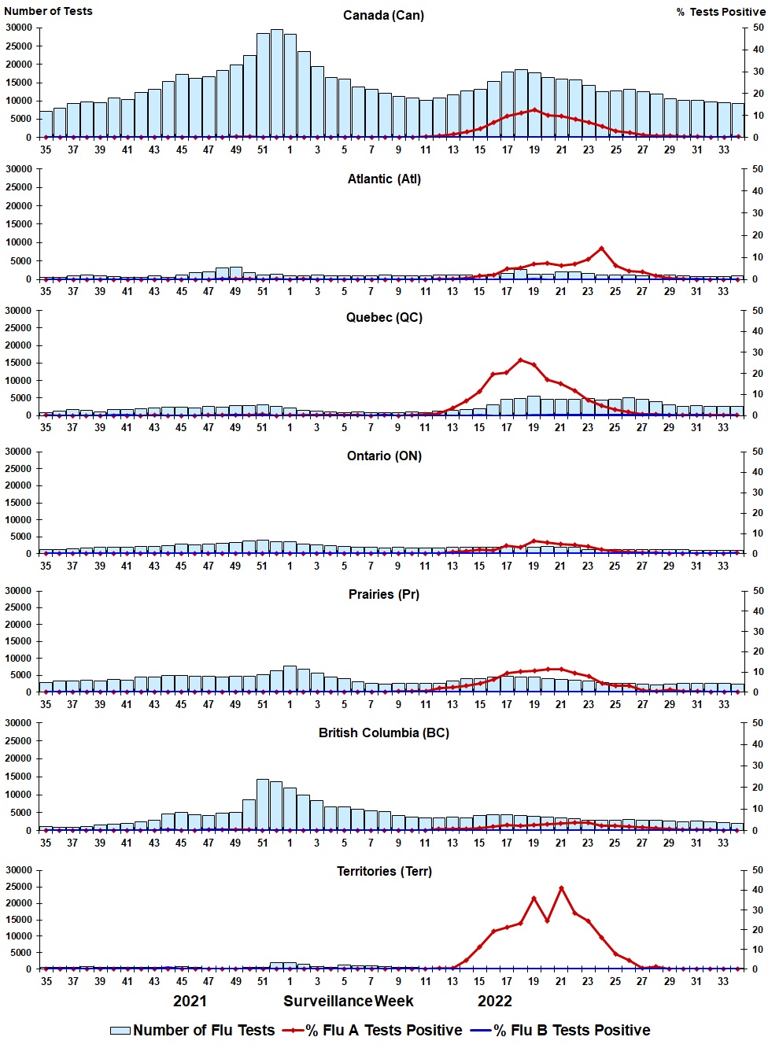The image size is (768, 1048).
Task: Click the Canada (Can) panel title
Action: click(x=383, y=16)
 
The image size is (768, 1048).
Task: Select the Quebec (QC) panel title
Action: click(x=384, y=318)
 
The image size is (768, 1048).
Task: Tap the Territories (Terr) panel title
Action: click(x=384, y=872)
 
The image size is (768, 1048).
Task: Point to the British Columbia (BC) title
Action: click(x=384, y=733)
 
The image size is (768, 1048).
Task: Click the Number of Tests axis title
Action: click(x=48, y=11)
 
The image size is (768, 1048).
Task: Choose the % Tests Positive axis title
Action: click(x=720, y=12)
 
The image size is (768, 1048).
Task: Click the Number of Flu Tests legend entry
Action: click(x=193, y=1031)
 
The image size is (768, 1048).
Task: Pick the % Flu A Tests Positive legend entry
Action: click(x=373, y=1031)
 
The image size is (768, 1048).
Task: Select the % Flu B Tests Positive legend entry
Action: click(x=560, y=1031)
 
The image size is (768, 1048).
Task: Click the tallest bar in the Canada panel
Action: click(x=277, y=83)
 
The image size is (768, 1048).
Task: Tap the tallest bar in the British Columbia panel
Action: click(x=263, y=805)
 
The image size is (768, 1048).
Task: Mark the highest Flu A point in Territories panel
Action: click(x=561, y=888)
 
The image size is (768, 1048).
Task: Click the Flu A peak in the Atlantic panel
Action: click(x=601, y=249)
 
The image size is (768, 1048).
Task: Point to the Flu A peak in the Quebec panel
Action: click(x=520, y=360)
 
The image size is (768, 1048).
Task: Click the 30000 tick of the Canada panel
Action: click(x=19, y=28)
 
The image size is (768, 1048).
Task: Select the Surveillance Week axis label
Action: click(x=349, y=1002)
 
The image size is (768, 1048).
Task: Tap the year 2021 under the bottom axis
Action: click(x=190, y=1002)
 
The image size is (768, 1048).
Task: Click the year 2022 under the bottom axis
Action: click(x=495, y=1002)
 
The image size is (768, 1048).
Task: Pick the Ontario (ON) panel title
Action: click(x=384, y=456)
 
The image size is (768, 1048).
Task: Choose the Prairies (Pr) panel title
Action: click(x=384, y=595)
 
